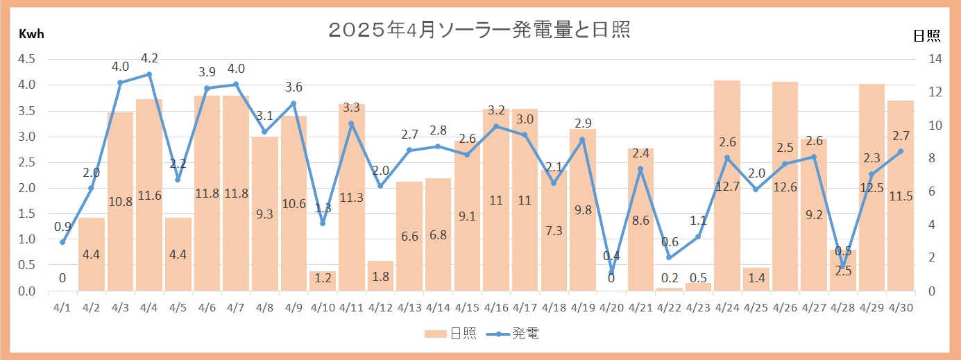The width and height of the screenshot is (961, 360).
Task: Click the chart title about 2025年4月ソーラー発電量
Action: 479,31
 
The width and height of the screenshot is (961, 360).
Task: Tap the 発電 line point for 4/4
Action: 149,74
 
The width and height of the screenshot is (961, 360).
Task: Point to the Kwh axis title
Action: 31,35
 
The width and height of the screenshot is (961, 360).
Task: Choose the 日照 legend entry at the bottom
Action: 450,334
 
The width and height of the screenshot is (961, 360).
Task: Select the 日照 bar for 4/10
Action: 323,280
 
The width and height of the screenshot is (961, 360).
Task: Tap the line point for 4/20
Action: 611,273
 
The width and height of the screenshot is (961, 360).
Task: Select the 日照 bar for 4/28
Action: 843,270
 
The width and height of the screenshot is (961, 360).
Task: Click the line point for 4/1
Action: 62,242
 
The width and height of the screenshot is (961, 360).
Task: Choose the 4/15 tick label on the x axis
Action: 467,307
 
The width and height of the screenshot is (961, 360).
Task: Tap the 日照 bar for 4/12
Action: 380,275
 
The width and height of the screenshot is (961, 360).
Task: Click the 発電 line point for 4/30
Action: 901,151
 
